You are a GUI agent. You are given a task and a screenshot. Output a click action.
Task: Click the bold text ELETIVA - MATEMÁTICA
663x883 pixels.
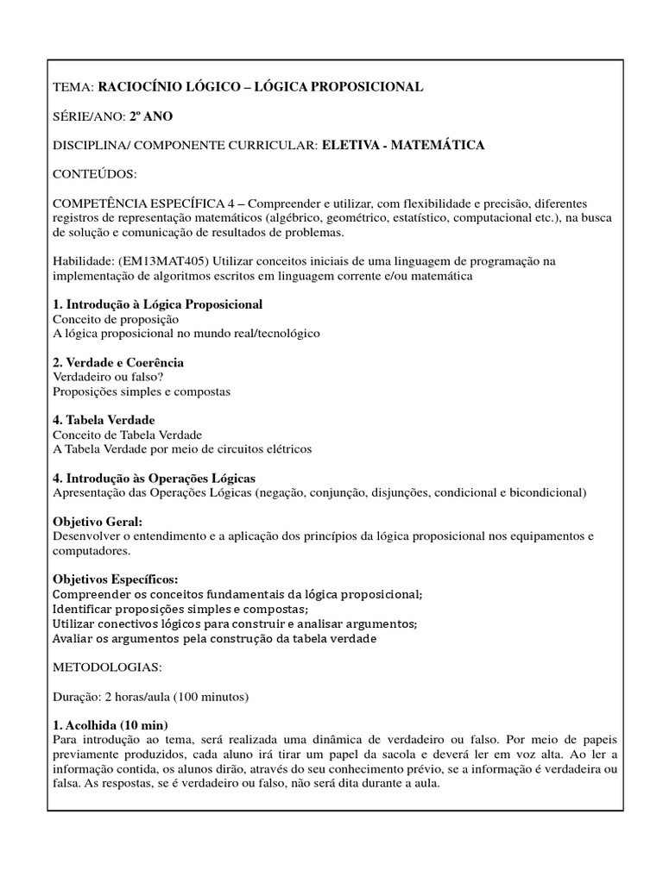402,145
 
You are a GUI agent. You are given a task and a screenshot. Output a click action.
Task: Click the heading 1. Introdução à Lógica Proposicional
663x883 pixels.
158,304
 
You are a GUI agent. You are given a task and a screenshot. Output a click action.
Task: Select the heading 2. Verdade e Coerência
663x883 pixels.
118,362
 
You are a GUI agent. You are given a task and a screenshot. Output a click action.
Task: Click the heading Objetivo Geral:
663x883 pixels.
98,522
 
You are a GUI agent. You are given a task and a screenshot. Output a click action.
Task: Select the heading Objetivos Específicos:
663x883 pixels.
116,579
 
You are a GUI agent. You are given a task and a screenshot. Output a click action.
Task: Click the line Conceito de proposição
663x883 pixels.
111,319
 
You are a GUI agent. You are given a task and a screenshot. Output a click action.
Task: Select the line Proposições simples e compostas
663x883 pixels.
142,391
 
